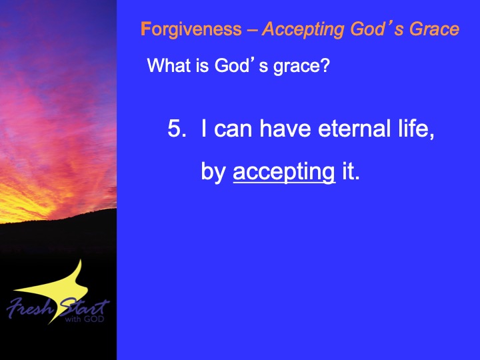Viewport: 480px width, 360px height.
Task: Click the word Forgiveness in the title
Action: (191, 30)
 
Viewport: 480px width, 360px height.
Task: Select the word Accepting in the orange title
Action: (304, 30)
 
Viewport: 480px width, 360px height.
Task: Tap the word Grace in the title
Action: (435, 29)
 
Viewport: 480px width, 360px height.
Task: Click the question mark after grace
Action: (325, 65)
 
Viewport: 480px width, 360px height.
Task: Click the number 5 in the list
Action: (175, 128)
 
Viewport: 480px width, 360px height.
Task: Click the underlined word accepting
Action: (284, 172)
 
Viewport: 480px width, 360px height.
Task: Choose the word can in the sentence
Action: (233, 129)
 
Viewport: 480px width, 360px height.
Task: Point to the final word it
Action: (350, 171)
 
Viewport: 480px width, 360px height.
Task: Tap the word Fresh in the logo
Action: (30, 307)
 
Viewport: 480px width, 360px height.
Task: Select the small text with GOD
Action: (85, 319)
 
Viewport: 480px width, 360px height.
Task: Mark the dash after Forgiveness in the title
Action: (252, 30)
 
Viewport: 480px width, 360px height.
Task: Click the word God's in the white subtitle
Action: (235, 65)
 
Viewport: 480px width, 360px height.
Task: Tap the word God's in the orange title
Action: (377, 29)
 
